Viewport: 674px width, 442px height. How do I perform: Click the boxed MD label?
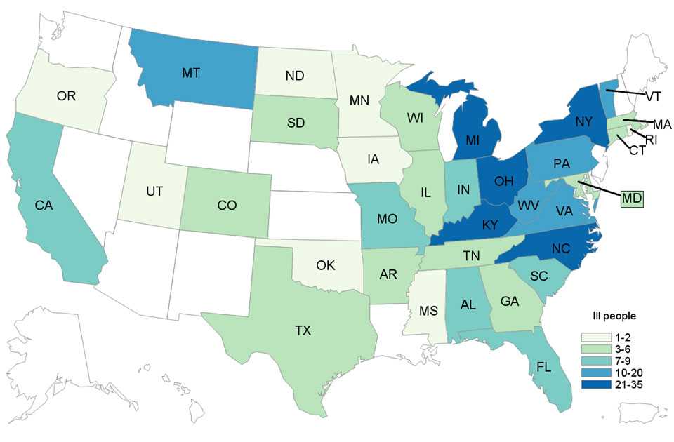tap(633, 199)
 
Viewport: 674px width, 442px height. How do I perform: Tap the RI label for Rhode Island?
tap(652, 140)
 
